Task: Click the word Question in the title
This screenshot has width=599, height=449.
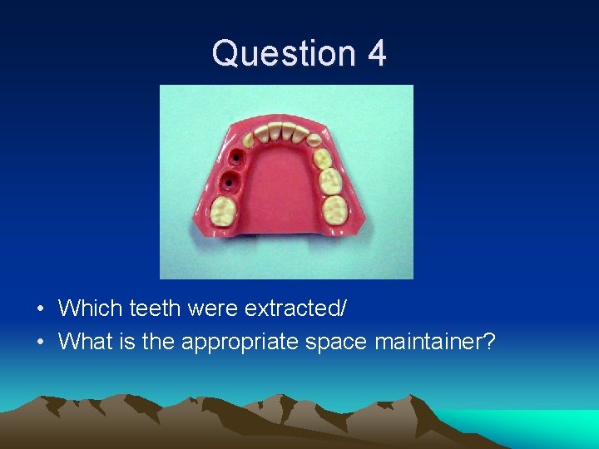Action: [283, 53]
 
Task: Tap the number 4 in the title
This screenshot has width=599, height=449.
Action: [376, 53]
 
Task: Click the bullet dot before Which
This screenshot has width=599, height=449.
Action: [41, 310]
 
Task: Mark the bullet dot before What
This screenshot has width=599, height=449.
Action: [41, 342]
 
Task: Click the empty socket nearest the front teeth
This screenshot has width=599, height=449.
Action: [237, 156]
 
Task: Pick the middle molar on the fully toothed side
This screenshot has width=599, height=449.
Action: [330, 179]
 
